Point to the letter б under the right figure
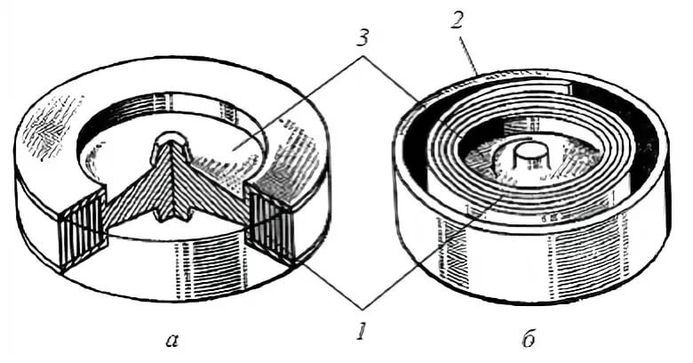(x=529, y=338)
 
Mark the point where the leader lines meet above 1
(x=362, y=308)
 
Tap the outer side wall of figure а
(x=204, y=267)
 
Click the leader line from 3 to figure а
(x=302, y=98)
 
